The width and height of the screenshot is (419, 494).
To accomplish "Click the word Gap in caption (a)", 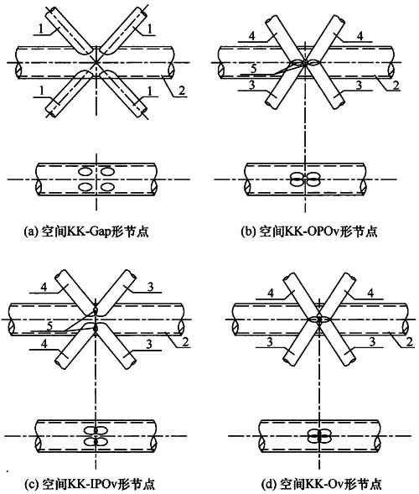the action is pyautogui.click(x=99, y=232).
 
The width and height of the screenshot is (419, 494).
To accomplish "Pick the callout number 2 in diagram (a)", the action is pyautogui.click(x=182, y=91).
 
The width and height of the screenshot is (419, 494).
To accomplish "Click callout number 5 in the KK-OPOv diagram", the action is pyautogui.click(x=254, y=70).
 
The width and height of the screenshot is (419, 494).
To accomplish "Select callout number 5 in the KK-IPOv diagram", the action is pyautogui.click(x=49, y=325).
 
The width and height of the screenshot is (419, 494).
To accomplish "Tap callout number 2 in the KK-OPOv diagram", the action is pyautogui.click(x=396, y=85).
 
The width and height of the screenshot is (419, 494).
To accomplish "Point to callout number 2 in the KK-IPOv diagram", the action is pyautogui.click(x=185, y=341).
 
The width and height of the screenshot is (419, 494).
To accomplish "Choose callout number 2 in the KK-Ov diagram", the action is pyautogui.click(x=410, y=341).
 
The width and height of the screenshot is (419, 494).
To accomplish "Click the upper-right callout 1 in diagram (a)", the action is pyautogui.click(x=150, y=29).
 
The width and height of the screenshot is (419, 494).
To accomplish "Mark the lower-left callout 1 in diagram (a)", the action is pyautogui.click(x=41, y=91).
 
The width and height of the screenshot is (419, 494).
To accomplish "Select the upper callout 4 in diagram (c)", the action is pyautogui.click(x=44, y=288).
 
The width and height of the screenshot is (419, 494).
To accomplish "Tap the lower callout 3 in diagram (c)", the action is pyautogui.click(x=150, y=344).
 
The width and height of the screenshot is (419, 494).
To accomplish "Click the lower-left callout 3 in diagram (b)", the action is pyautogui.click(x=251, y=85).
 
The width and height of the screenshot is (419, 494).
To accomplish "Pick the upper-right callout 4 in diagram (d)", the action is pyautogui.click(x=371, y=293).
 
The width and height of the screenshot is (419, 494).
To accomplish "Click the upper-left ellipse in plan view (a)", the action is pyautogui.click(x=85, y=172).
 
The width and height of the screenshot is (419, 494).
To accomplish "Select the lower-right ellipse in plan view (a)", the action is pyautogui.click(x=107, y=187).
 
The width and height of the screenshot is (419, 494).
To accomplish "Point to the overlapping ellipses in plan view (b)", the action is pyautogui.click(x=305, y=179).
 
